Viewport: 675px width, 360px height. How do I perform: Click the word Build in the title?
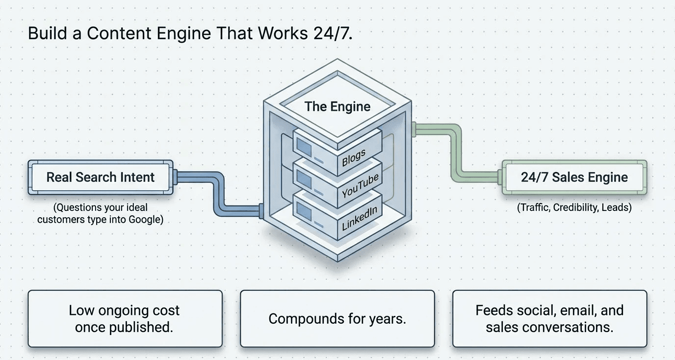[x=47, y=33]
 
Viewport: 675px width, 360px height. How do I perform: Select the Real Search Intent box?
[x=101, y=177]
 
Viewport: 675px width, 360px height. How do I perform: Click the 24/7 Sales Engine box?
[x=574, y=177]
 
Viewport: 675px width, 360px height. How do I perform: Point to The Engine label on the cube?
[x=337, y=106]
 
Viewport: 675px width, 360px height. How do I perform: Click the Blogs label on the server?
[x=354, y=158]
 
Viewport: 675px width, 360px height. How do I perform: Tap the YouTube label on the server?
[x=360, y=186]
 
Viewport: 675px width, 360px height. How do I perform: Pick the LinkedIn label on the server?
[x=359, y=219]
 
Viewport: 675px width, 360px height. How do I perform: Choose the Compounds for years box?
[x=337, y=319]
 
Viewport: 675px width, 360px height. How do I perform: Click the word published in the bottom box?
[x=141, y=328]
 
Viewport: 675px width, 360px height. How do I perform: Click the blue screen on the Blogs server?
[x=304, y=147]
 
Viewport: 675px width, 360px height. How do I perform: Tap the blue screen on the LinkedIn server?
[x=304, y=210]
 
